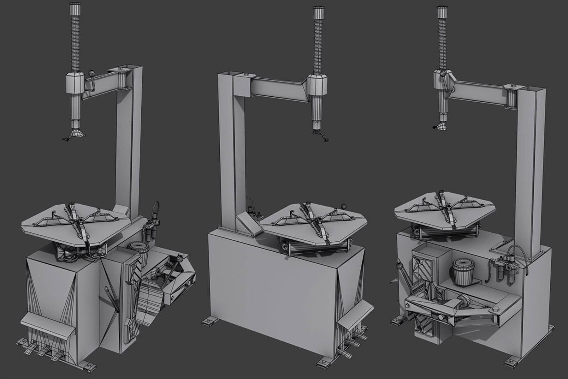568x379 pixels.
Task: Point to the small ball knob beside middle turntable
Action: [343, 207]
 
